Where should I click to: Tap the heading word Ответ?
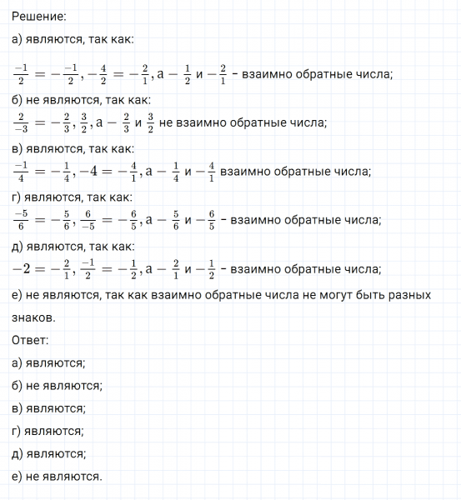tap(31, 340)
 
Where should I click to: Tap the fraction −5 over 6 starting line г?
tap(21, 220)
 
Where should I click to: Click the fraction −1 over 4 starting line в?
tap(21, 171)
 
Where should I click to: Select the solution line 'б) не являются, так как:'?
tap(83, 100)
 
